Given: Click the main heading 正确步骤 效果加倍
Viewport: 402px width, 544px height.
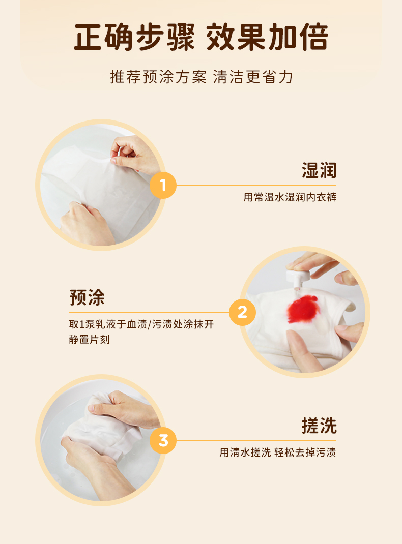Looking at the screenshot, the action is pyautogui.click(x=201, y=37).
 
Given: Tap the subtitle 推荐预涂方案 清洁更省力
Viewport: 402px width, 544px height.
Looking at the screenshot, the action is pyautogui.click(x=202, y=77).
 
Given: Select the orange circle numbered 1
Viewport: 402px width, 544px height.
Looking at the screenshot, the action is pyautogui.click(x=163, y=185).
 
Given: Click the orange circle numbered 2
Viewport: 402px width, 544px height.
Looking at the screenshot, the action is pyautogui.click(x=242, y=312).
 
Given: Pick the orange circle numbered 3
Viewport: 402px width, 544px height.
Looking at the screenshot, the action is pyautogui.click(x=163, y=441).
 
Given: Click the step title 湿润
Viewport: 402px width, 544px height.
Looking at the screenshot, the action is pyautogui.click(x=319, y=170).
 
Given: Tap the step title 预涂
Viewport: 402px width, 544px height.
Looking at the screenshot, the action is pyautogui.click(x=87, y=297).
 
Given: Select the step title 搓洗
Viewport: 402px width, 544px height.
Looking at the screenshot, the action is pyautogui.click(x=319, y=426).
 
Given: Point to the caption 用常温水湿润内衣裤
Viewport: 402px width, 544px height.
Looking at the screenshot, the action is pyautogui.click(x=290, y=197).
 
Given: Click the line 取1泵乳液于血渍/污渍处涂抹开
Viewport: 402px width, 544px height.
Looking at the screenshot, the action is pyautogui.click(x=141, y=324).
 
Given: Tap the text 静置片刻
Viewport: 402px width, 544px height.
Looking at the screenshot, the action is pyautogui.click(x=89, y=339).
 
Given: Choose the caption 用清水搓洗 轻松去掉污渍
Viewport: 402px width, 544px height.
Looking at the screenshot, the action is pyautogui.click(x=278, y=452).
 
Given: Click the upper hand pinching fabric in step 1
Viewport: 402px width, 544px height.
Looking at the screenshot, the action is pyautogui.click(x=134, y=155).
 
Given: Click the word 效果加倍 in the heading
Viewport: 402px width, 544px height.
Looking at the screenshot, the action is pyautogui.click(x=267, y=37).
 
